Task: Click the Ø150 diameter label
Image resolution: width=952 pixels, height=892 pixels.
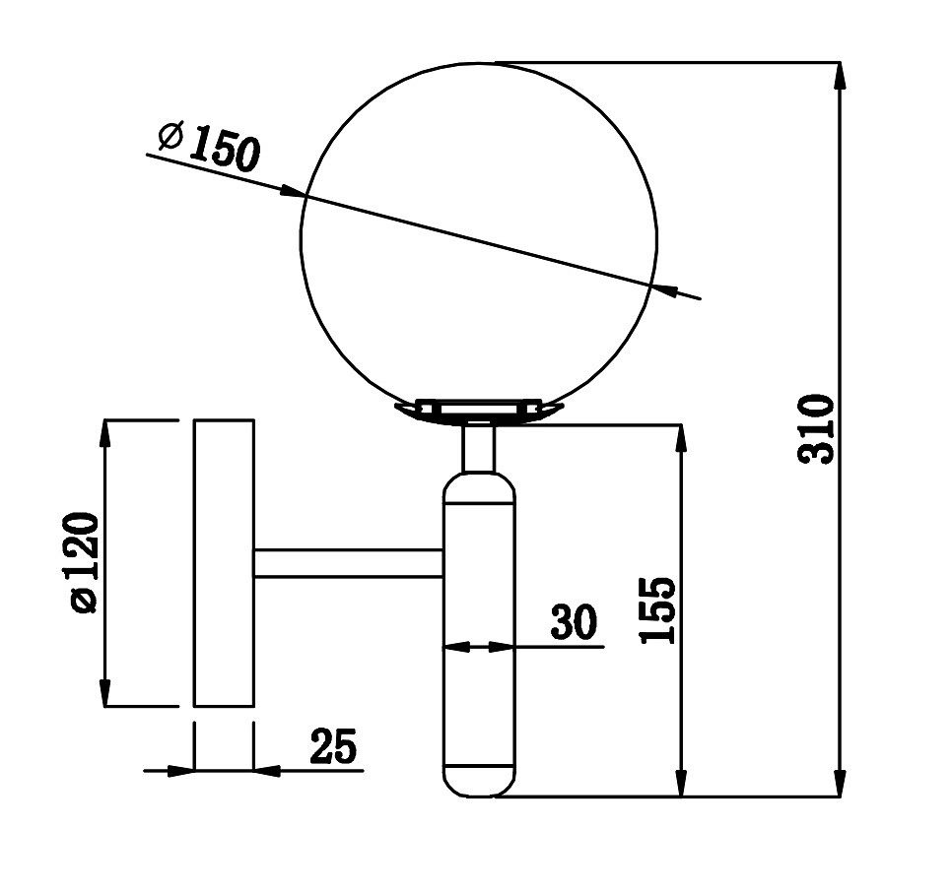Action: click(209, 146)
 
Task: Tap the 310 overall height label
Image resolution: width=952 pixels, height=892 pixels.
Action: click(817, 428)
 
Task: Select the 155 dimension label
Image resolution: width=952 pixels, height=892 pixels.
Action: click(657, 609)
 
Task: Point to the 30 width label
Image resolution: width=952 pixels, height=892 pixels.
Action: click(574, 621)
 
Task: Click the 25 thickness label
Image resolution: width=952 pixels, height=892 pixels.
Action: click(333, 745)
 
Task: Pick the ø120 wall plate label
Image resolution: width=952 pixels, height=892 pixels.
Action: click(84, 562)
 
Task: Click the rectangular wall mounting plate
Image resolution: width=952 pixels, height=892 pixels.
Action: click(224, 563)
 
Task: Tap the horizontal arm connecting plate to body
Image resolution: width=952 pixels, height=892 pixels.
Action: click(349, 563)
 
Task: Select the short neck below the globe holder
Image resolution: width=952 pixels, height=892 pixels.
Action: click(478, 449)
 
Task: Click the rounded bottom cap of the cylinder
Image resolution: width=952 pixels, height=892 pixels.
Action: click(479, 783)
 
